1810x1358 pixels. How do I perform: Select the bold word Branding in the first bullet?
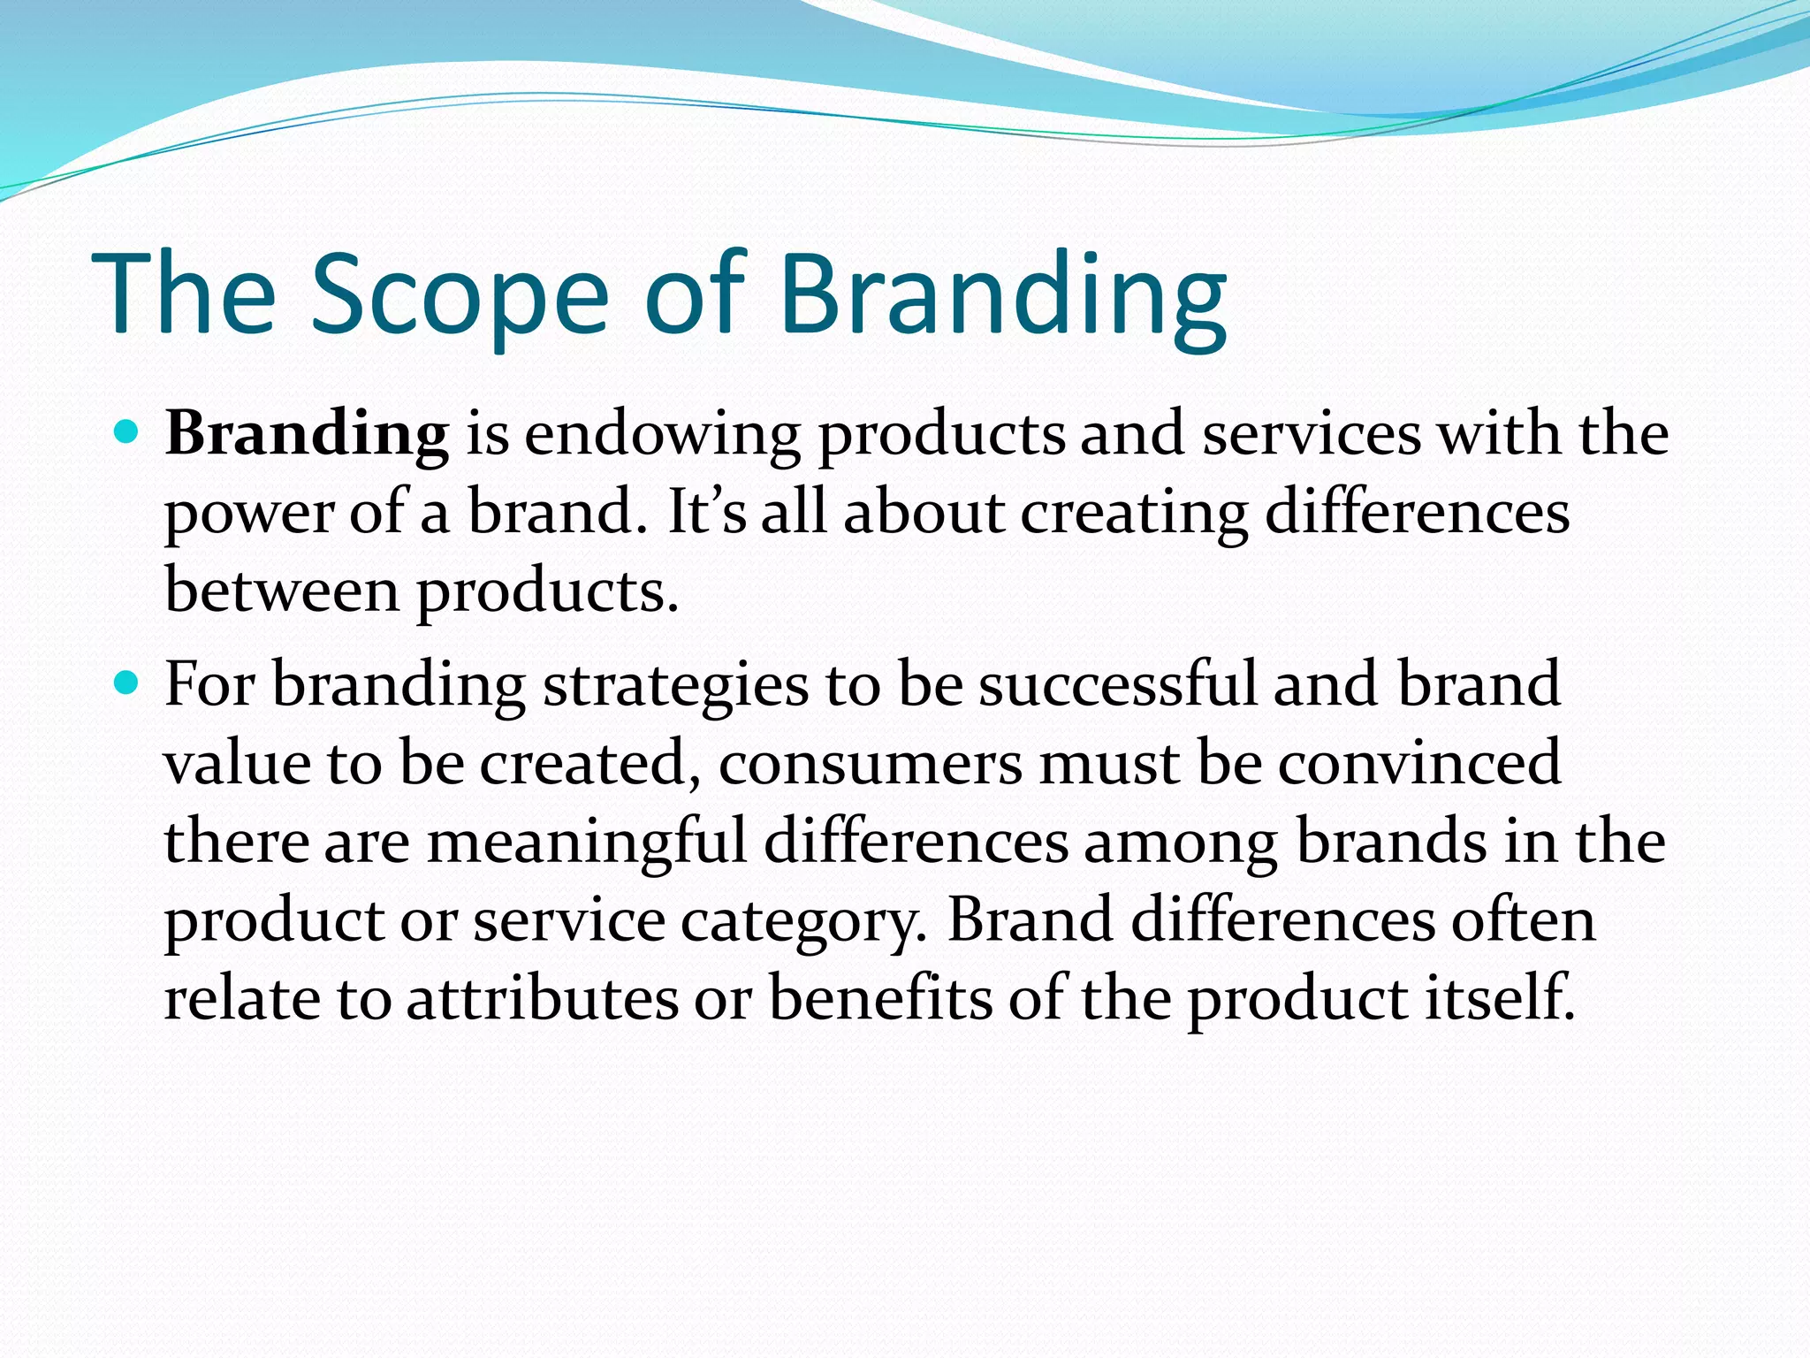[307, 435]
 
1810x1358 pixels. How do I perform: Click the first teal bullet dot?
[127, 433]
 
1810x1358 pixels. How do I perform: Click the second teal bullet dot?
[127, 683]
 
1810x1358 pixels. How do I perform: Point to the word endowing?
[662, 435]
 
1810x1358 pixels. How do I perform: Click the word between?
[282, 591]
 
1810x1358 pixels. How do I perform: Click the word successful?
[1117, 685]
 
